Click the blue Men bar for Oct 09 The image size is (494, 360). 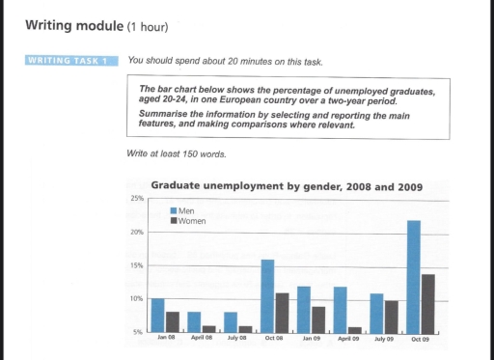click(x=414, y=276)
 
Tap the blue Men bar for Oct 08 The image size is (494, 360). click(x=267, y=295)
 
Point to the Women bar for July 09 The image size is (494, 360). click(x=392, y=316)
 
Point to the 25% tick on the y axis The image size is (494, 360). click(x=136, y=199)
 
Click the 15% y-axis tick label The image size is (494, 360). click(x=136, y=265)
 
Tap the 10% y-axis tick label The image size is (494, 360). click(x=136, y=299)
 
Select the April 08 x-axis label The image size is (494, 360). click(x=201, y=339)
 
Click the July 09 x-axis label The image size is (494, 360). click(x=384, y=339)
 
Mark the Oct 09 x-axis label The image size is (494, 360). click(x=422, y=339)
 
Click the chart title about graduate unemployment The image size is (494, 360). click(x=287, y=186)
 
